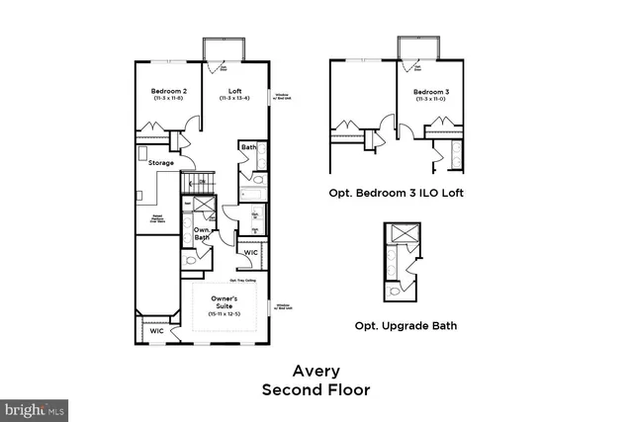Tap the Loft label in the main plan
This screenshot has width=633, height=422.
click(x=236, y=90)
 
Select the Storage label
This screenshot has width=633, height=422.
click(x=161, y=163)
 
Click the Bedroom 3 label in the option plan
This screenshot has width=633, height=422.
click(x=432, y=91)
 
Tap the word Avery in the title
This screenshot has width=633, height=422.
click(x=316, y=371)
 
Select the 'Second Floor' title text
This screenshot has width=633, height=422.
click(x=316, y=390)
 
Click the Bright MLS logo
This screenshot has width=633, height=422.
click(x=35, y=407)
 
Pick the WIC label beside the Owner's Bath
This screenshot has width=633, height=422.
click(x=250, y=252)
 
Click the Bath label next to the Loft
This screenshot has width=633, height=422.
click(x=248, y=148)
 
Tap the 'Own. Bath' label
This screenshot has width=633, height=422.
click(x=201, y=234)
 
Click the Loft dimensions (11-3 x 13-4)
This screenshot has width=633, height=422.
click(x=236, y=99)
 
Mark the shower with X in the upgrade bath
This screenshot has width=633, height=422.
click(x=404, y=235)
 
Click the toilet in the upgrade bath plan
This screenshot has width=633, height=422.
click(x=397, y=292)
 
